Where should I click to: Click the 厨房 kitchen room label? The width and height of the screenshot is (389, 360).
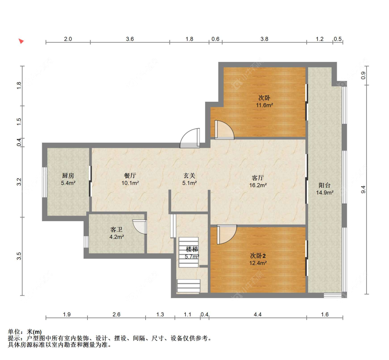coord(68,176)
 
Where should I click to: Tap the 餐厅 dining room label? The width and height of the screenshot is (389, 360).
coord(130,176)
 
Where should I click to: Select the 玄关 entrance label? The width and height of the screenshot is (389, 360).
coord(189,176)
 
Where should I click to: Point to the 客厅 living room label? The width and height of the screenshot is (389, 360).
coord(258,178)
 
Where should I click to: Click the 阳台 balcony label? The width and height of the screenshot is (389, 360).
coord(324,185)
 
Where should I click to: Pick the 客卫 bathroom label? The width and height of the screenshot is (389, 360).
coord(116,229)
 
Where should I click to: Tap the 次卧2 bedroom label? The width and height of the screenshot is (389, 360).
coord(258,256)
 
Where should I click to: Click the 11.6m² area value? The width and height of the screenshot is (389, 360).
coord(265,105)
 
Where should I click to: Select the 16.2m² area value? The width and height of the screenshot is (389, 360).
coord(258,185)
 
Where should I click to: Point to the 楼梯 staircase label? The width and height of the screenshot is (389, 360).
coord(192,249)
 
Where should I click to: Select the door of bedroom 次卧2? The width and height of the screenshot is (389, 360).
coord(227,235)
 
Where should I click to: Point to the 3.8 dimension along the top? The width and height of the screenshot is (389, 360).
coord(265,39)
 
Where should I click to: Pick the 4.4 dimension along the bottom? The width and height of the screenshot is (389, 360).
coord(258,315)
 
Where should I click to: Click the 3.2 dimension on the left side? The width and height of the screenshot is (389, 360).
coord(19,182)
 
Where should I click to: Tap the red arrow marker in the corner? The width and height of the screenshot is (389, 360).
coord(21,41)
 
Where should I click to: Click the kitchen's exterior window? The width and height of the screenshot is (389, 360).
coord(44,182)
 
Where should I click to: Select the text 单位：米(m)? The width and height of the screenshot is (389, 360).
coord(25,332)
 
